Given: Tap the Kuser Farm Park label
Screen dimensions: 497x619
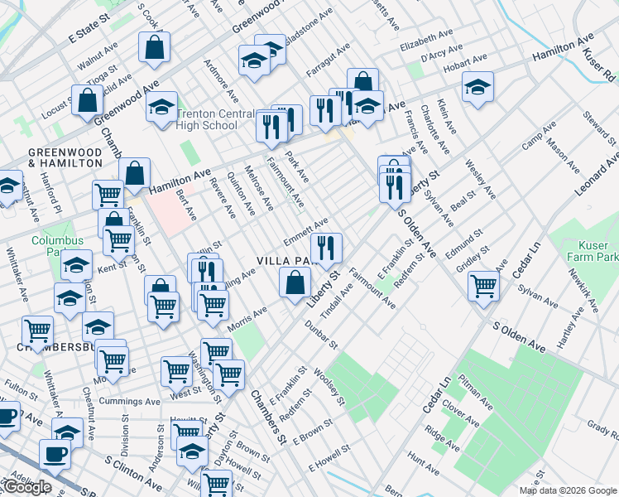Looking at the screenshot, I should coord(592,252).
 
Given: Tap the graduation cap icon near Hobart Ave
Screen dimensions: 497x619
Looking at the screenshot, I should coord(477,88).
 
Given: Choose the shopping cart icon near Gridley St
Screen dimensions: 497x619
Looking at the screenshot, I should coord(484,287).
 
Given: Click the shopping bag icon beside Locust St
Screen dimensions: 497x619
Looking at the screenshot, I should coord(87,101).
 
